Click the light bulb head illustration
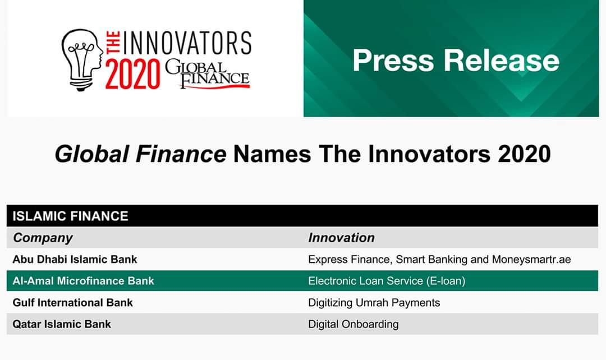[82, 60]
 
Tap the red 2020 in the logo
[132, 74]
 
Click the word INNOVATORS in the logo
[187, 43]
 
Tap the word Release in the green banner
[502, 60]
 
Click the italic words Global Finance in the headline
[141, 154]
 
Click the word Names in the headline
[272, 154]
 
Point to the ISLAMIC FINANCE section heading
[70, 216]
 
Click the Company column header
[43, 238]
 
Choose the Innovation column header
[341, 238]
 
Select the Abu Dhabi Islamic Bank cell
[75, 259]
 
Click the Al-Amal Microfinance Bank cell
[83, 281]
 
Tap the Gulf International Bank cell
[72, 302]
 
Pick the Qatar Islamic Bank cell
[62, 324]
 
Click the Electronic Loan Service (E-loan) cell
[387, 281]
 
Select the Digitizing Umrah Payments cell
[374, 303]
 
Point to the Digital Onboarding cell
[353, 325]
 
